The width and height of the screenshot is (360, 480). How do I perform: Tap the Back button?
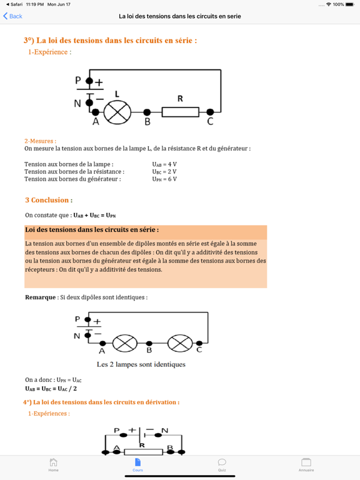(13, 16)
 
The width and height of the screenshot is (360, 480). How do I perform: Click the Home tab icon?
(53, 464)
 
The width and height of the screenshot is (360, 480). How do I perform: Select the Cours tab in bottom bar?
(137, 464)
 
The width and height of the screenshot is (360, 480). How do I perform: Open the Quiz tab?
(222, 464)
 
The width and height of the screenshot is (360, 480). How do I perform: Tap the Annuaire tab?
(306, 464)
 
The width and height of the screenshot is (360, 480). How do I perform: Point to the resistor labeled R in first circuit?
(181, 112)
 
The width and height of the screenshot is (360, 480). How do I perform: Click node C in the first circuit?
(210, 112)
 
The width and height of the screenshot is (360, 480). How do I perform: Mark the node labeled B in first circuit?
(147, 112)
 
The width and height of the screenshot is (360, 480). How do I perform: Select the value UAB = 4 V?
(164, 164)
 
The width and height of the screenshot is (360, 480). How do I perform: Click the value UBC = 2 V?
(164, 172)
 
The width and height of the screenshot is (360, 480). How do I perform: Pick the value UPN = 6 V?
(164, 179)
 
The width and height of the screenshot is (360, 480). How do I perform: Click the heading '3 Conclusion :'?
(48, 200)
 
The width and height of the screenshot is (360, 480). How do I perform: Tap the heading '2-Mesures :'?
(40, 141)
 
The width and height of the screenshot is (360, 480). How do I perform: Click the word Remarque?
(41, 297)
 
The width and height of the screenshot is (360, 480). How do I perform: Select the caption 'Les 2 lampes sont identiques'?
(141, 364)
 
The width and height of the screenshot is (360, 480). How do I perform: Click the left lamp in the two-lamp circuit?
(124, 342)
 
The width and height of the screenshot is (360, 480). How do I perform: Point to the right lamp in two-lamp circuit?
(180, 342)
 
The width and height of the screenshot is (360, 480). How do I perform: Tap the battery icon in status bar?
(351, 4)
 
